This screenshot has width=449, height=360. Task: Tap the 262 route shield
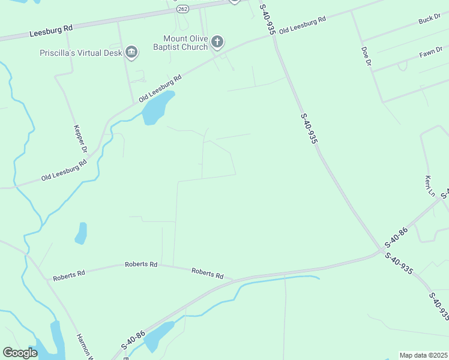pyautogui.click(x=183, y=9)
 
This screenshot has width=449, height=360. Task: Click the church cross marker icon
pyautogui.click(x=217, y=42)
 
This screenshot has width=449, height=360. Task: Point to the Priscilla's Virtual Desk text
pyautogui.click(x=80, y=53)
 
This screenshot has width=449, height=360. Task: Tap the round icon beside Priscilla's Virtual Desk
pyautogui.click(x=131, y=53)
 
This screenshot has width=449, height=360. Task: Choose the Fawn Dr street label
pyautogui.click(x=430, y=53)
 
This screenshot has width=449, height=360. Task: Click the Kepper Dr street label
pyautogui.click(x=80, y=139)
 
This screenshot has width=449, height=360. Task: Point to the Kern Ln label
pyautogui.click(x=429, y=185)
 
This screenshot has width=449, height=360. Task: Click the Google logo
pyautogui.click(x=20, y=353)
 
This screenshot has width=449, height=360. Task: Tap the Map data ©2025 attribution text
pyautogui.click(x=423, y=355)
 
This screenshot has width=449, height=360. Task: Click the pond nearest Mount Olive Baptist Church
pyautogui.click(x=157, y=108)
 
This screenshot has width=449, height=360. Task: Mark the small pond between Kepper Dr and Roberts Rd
pyautogui.click(x=81, y=233)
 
